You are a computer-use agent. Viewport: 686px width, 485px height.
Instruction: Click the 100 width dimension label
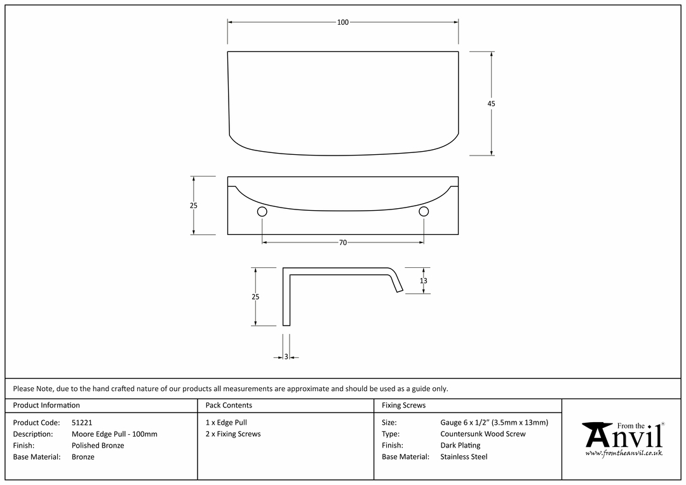(x=343, y=22)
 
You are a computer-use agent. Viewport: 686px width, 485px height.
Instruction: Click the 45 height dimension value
(x=491, y=103)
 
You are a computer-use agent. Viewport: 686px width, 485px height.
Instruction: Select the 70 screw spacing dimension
(x=343, y=242)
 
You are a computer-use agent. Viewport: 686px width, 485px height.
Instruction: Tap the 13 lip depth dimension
(x=424, y=281)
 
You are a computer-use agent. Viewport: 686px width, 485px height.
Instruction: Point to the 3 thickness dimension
(x=286, y=357)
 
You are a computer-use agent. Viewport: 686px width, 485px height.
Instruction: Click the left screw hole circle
(x=262, y=211)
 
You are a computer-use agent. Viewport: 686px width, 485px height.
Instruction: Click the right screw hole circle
(x=424, y=211)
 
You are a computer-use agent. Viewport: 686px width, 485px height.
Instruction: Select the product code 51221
(x=82, y=422)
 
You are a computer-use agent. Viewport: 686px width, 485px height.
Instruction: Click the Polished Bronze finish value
(x=98, y=445)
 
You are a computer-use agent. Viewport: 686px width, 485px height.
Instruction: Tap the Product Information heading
(x=46, y=405)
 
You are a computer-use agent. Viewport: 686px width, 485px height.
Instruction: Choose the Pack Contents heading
(x=229, y=405)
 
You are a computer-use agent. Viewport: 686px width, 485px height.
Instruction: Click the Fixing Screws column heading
(x=403, y=405)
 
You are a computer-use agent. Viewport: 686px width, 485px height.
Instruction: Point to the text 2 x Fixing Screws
(x=233, y=434)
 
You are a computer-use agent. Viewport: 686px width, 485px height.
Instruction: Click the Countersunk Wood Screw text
(x=483, y=434)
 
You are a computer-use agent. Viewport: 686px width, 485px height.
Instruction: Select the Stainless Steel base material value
(x=464, y=456)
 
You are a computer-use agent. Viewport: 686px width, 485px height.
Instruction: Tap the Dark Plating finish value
(x=461, y=445)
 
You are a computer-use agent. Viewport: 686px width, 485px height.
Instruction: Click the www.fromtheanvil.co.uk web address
(x=624, y=453)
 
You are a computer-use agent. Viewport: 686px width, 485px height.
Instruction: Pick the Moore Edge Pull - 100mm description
(x=114, y=434)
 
